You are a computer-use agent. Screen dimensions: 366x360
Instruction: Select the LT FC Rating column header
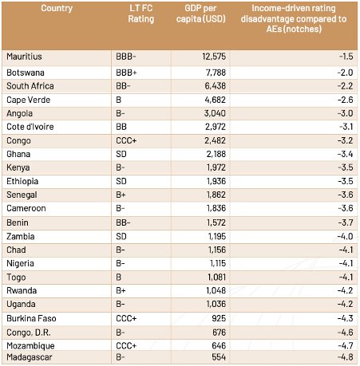pyautogui.click(x=141, y=14)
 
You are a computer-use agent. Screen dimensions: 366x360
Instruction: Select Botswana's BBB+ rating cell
pyautogui.click(x=125, y=72)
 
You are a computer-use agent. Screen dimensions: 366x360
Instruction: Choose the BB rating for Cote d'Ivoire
pyautogui.click(x=121, y=127)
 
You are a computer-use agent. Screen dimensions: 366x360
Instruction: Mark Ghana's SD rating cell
pyautogui.click(x=121, y=154)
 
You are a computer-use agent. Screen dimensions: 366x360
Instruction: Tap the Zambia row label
pyautogui.click(x=19, y=236)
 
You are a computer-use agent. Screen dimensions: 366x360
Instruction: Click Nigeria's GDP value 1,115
pyautogui.click(x=216, y=263)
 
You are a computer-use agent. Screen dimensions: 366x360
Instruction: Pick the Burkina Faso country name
pyautogui.click(x=30, y=318)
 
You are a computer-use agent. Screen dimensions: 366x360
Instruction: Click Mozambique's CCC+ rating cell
pyautogui.click(x=125, y=345)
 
